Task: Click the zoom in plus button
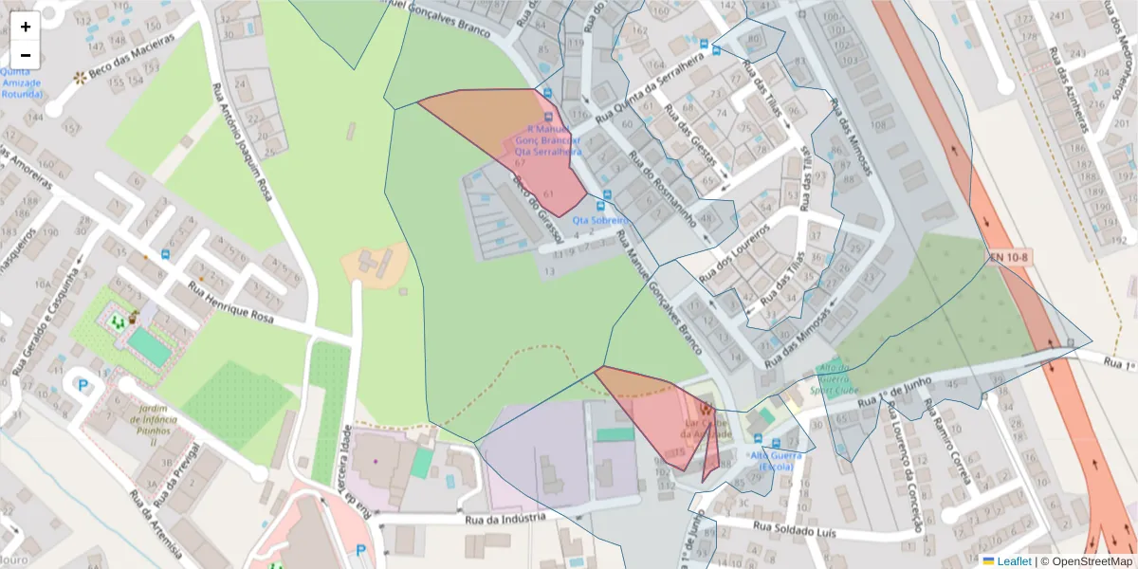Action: (26, 27)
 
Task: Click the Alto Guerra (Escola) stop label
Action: (776, 461)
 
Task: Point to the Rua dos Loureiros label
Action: (734, 252)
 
